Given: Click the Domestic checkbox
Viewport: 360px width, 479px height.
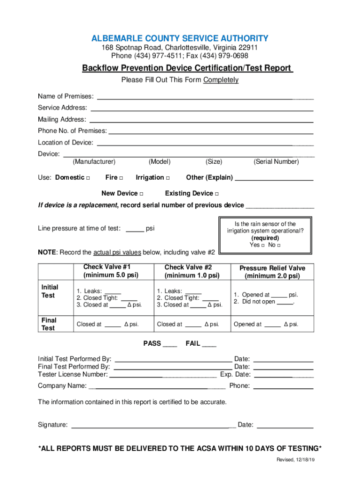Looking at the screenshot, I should click(x=88, y=178).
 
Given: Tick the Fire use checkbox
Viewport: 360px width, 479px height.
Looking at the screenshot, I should click(x=121, y=178).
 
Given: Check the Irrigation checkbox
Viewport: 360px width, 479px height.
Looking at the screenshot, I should click(x=168, y=178).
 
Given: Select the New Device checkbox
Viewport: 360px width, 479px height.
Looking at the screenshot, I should click(x=141, y=194).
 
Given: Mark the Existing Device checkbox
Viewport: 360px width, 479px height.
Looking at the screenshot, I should click(x=217, y=194).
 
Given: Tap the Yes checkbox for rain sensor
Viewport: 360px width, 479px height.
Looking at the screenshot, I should click(x=263, y=246).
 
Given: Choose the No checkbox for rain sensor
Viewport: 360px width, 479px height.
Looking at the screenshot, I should click(x=279, y=246).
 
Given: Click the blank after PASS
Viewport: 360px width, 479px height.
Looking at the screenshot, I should click(x=170, y=345).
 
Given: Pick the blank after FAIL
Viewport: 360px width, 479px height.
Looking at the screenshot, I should click(x=209, y=345).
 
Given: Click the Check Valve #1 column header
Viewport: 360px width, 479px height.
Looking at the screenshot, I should click(x=111, y=271).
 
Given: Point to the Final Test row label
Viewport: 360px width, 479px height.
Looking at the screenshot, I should click(x=49, y=324).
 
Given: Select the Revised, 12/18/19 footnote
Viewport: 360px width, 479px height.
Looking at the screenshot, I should click(x=295, y=460).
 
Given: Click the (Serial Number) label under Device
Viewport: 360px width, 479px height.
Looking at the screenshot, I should click(x=276, y=162).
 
